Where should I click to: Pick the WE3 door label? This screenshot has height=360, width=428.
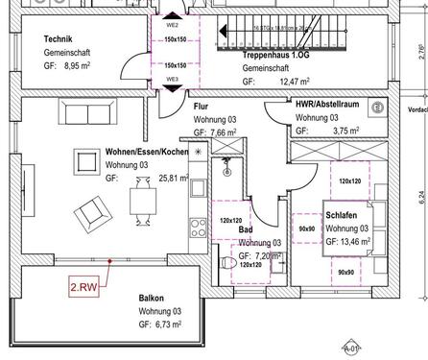173,79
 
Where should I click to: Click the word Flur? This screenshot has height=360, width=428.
202,107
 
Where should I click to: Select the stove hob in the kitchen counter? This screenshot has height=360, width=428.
200,229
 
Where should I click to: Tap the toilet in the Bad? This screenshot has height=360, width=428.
227,262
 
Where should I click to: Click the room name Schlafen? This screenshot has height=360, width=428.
343,216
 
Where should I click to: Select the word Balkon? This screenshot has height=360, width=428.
152,299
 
